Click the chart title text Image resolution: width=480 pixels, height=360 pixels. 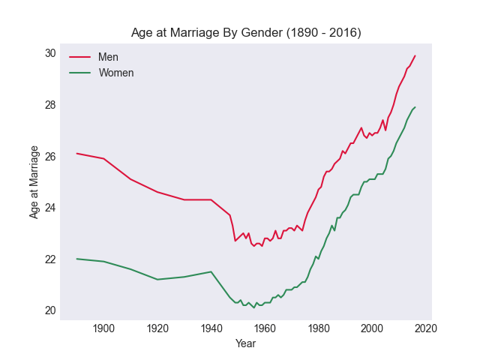(246, 33)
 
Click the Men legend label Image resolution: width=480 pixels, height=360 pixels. (108, 58)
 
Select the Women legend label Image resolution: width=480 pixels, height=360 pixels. (116, 73)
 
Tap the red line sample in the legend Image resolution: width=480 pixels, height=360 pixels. (80, 58)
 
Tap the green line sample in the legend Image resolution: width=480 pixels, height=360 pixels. (80, 73)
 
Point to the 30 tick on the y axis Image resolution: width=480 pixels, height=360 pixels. (50, 53)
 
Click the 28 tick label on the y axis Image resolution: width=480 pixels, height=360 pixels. (50, 105)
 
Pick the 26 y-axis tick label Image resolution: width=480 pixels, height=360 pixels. (50, 157)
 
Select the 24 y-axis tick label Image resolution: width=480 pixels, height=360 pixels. (50, 208)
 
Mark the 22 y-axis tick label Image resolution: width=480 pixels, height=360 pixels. (50, 259)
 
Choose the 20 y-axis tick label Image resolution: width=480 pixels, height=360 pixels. (50, 310)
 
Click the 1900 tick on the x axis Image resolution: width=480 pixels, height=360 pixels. (103, 328)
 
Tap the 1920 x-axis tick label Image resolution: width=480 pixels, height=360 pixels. (157, 328)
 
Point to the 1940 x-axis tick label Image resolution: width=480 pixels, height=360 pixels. (211, 328)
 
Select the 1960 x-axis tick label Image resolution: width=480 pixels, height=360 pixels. (265, 328)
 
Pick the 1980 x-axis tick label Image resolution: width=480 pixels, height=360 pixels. (319, 328)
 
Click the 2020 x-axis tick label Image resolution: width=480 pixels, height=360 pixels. (426, 328)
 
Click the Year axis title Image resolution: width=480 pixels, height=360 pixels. (246, 343)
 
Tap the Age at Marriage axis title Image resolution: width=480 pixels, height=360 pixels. (34, 182)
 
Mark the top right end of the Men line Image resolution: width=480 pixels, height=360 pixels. (415, 55)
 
